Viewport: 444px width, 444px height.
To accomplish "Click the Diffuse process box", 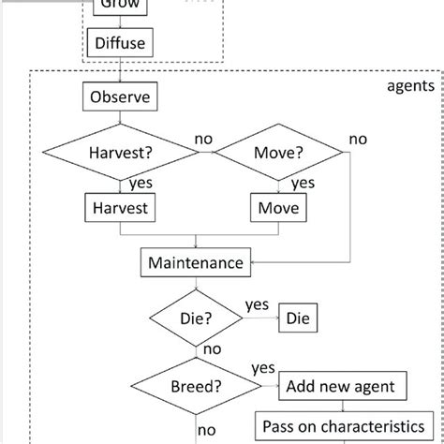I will (120, 42).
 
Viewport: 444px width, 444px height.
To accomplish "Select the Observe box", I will (120, 96).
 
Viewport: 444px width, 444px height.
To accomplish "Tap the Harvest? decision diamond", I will (120, 152).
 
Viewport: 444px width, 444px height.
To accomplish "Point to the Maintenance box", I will (196, 262).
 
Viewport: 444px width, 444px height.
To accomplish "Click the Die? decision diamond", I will (196, 318).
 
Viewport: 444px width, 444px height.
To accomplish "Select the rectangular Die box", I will (297, 318).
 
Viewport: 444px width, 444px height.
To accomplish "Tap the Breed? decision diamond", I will (196, 385).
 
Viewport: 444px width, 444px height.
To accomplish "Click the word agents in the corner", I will (409, 86).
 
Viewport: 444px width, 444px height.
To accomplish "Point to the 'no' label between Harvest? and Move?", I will (203, 139).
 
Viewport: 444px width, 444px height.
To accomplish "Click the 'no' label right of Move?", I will (358, 139).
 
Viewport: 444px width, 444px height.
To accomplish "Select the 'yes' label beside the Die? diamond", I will (257, 305).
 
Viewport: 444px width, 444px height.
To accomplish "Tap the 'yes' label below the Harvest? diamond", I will (141, 184).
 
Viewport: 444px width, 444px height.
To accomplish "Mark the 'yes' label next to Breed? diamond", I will (263, 368).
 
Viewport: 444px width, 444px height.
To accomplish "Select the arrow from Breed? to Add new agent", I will (266, 385).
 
